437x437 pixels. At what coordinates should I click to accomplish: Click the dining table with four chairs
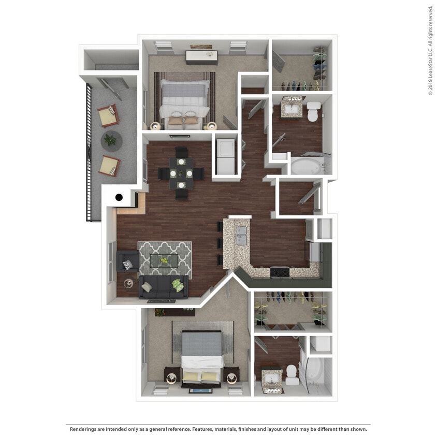(181, 172)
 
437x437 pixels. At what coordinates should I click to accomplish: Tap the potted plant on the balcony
(110, 139)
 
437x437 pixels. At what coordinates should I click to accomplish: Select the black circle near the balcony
(119, 197)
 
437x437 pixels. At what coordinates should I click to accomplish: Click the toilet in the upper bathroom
(313, 111)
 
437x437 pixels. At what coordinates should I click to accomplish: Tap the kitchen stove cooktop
(280, 271)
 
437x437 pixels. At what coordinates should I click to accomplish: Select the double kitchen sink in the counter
(241, 235)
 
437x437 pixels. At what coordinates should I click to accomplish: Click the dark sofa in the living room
(163, 288)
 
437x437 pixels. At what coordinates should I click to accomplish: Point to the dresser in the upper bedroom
(201, 56)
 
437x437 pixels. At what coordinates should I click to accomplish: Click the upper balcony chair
(108, 115)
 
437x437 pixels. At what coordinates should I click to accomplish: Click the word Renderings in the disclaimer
(84, 429)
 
